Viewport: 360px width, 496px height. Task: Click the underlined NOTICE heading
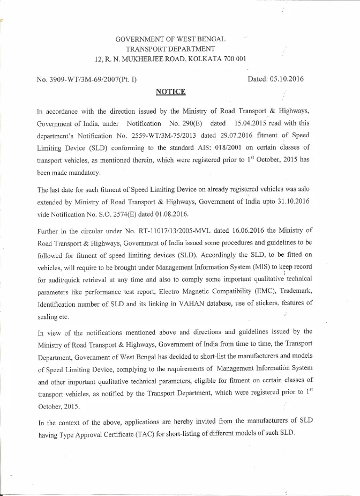coord(170,92)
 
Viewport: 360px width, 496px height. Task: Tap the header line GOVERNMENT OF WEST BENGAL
coord(170,39)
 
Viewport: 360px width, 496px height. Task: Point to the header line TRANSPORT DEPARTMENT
coord(170,49)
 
